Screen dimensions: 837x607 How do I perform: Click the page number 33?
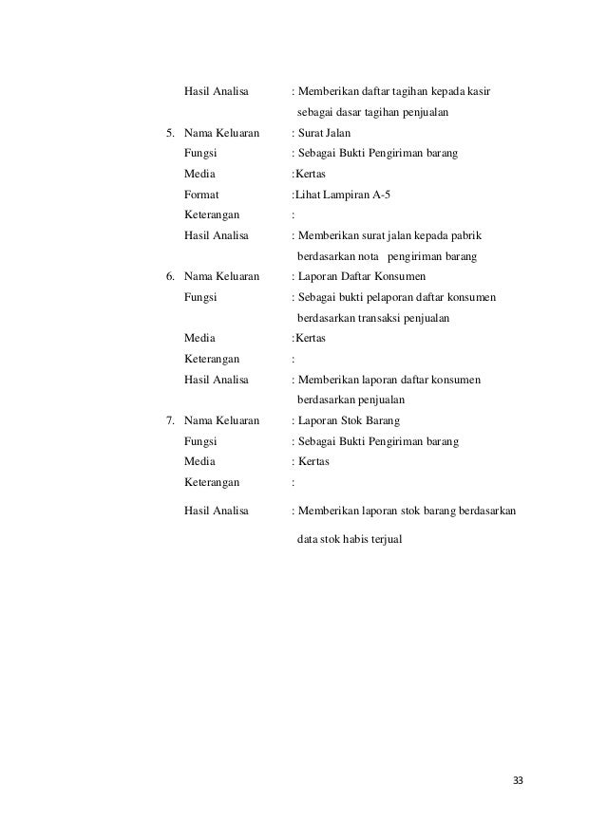517,780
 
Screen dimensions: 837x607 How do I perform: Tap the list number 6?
170,277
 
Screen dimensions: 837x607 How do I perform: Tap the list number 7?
170,420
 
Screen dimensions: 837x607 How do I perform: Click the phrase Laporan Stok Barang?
349,420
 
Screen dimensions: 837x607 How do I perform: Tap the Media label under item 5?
199,174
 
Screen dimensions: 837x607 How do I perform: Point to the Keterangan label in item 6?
212,359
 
